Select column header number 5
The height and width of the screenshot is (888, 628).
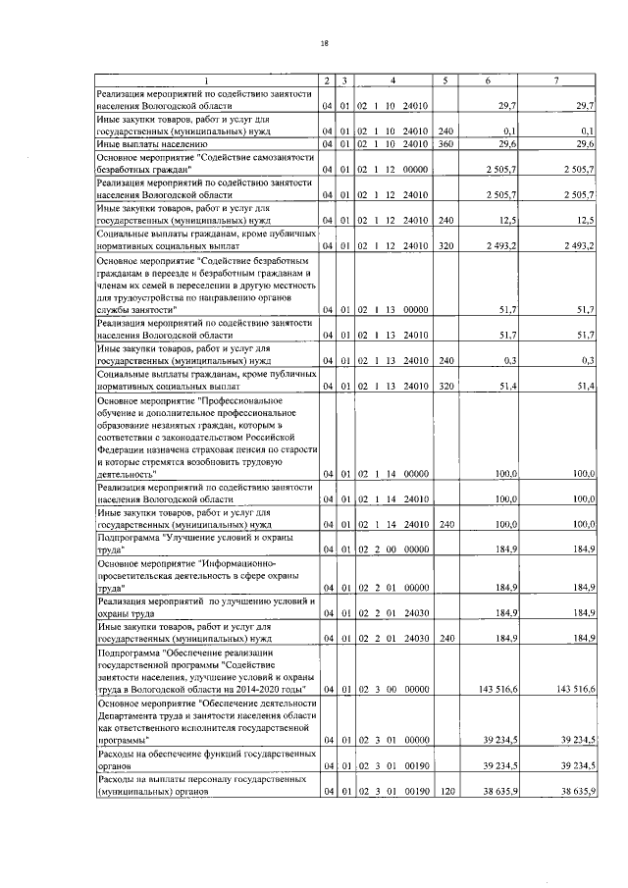445,79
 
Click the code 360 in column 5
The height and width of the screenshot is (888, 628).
445,142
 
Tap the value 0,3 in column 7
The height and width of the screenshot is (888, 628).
587,360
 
